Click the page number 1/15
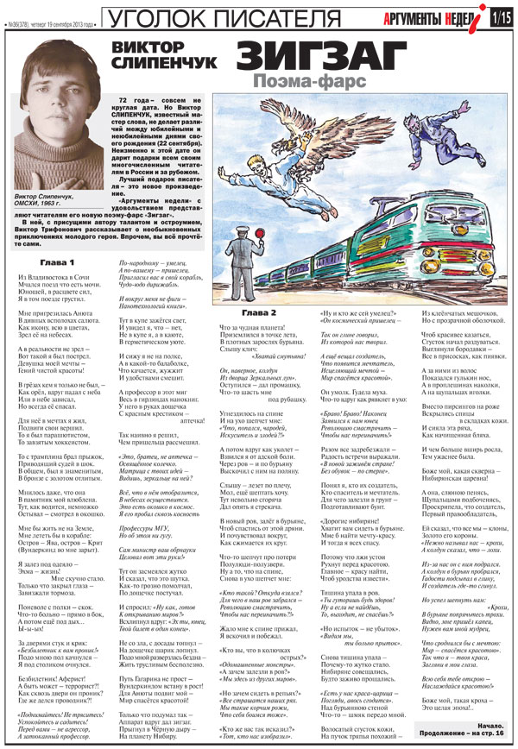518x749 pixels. [x=501, y=16]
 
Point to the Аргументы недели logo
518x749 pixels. [x=448, y=16]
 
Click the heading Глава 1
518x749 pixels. [x=60, y=261]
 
